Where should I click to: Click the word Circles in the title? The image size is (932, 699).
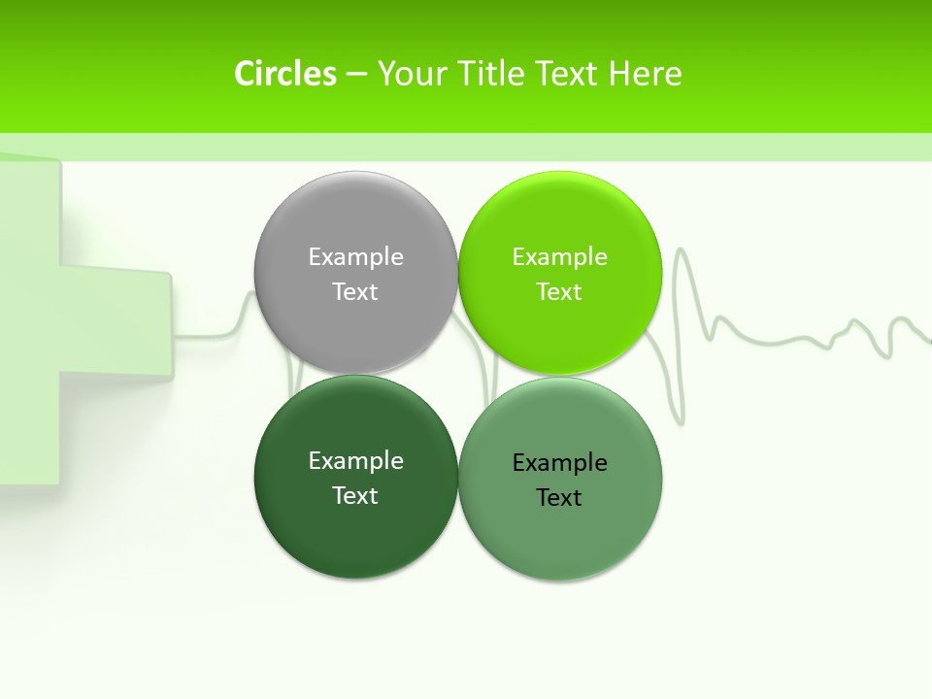coord(285,74)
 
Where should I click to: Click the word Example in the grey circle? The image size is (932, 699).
coord(355,256)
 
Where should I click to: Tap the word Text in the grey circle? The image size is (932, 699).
coord(355,291)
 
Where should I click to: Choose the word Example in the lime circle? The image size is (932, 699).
coord(559,256)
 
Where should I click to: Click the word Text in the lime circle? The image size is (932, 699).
coord(559,291)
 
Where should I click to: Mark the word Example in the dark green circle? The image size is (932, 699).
coord(355,460)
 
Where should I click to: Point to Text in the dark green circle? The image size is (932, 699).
coord(355,495)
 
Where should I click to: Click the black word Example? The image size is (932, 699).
coord(559,462)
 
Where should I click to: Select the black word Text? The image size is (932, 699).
coord(559,497)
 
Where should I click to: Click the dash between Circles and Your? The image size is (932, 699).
coord(356,75)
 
